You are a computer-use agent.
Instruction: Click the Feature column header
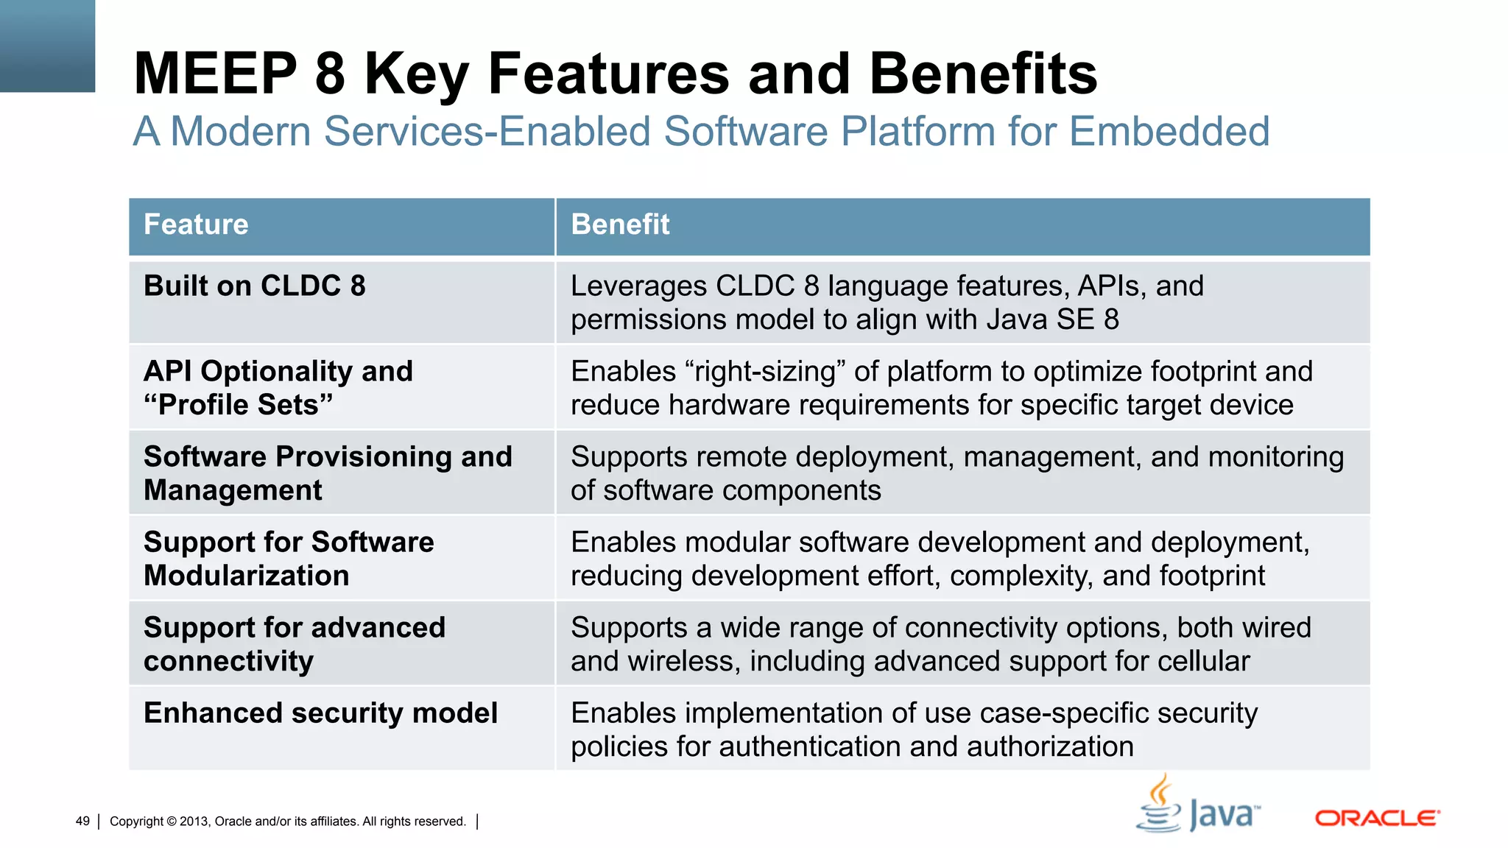click(196, 225)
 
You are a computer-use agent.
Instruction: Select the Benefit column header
click(620, 225)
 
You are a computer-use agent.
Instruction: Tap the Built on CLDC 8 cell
click(254, 286)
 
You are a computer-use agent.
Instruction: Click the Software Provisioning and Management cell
click(327, 473)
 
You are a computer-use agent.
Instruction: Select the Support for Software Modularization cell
click(289, 559)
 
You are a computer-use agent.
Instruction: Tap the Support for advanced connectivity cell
click(294, 644)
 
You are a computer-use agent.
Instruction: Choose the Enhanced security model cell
click(320, 713)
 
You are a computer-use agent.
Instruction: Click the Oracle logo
click(1377, 818)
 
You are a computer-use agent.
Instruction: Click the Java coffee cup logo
click(1160, 806)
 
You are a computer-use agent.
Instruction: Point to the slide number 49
click(82, 821)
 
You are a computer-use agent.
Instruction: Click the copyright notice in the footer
click(287, 821)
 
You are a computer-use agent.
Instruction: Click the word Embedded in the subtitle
click(1169, 132)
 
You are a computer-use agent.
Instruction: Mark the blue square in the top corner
click(47, 46)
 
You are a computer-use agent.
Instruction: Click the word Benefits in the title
click(983, 74)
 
